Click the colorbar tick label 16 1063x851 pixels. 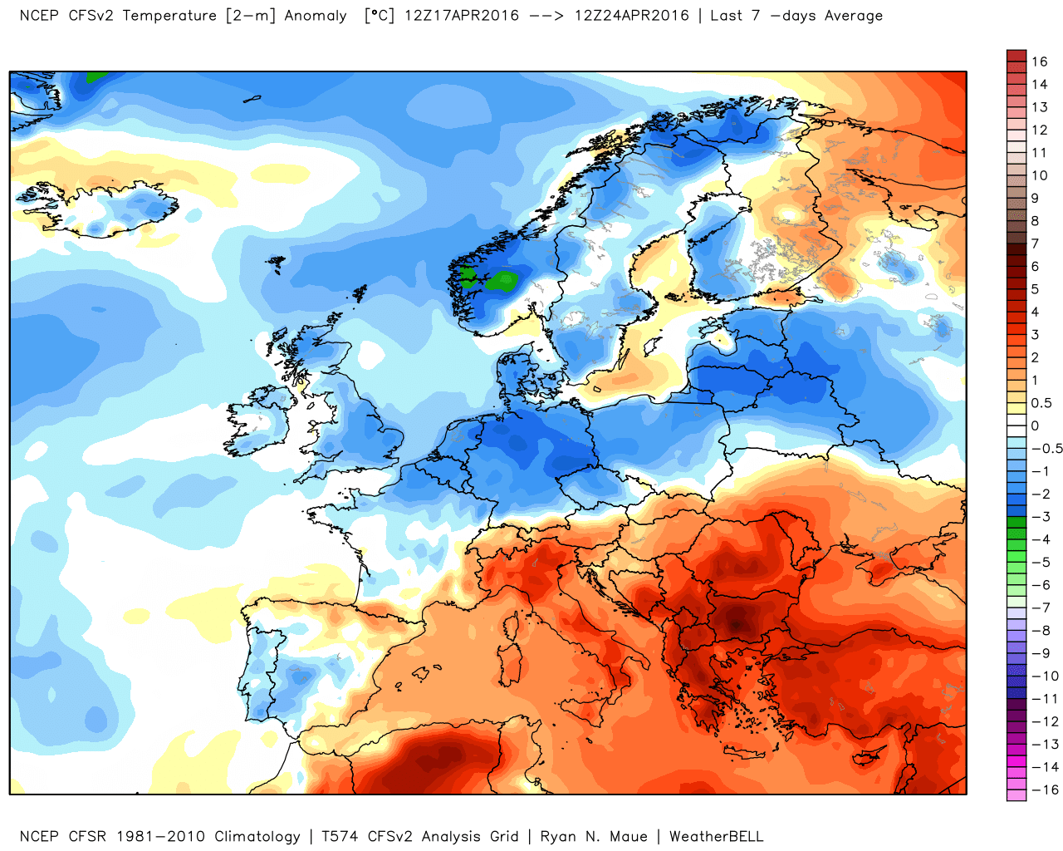pyautogui.click(x=1039, y=61)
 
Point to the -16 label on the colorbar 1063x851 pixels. pyautogui.click(x=1045, y=790)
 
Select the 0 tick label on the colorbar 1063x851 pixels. pyautogui.click(x=1035, y=425)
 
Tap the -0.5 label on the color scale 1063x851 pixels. pyautogui.click(x=1046, y=449)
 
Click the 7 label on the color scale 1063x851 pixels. pyautogui.click(x=1035, y=243)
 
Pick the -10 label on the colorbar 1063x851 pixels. pyautogui.click(x=1045, y=676)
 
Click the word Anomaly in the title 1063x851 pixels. pyautogui.click(x=316, y=16)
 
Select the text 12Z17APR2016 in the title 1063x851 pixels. pyautogui.click(x=462, y=15)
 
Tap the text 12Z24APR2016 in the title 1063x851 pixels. pyautogui.click(x=632, y=15)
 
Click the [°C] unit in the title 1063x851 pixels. pyautogui.click(x=380, y=15)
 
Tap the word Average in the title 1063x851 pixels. pyautogui.click(x=854, y=16)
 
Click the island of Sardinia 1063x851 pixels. pyautogui.click(x=509, y=663)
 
